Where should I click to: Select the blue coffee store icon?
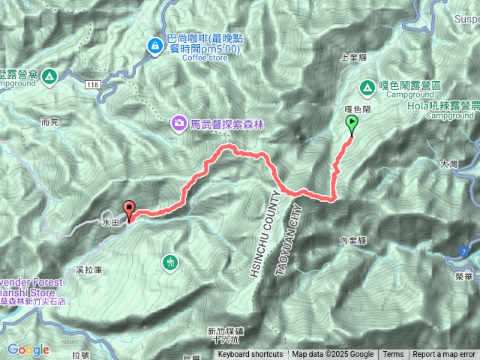coord(155,46)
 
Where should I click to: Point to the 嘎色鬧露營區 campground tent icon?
coord(369,87)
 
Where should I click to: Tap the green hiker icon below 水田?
coord(171,262)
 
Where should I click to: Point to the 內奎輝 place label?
coord(352,241)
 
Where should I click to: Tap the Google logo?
coord(28,349)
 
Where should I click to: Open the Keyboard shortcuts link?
coord(250,355)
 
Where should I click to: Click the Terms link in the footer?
coord(393,355)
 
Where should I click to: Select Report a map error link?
coord(444,355)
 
